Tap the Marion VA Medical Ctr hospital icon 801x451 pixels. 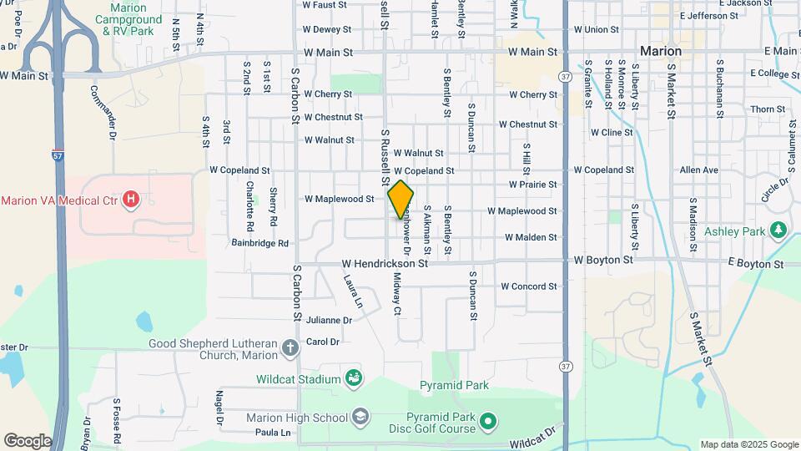pyautogui.click(x=130, y=200)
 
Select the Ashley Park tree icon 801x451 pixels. pyautogui.click(x=778, y=230)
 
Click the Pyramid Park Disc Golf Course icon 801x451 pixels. pyautogui.click(x=490, y=423)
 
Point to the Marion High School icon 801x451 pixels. pyautogui.click(x=360, y=417)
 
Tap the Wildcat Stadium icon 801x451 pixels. pyautogui.click(x=354, y=379)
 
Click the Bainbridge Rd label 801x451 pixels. pyautogui.click(x=260, y=243)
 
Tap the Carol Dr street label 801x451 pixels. pyautogui.click(x=323, y=342)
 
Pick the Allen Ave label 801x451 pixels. pyautogui.click(x=698, y=170)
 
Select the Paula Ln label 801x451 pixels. pyautogui.click(x=273, y=433)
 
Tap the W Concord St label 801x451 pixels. pyautogui.click(x=528, y=286)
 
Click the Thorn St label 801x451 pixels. pyautogui.click(x=763, y=109)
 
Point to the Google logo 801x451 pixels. pyautogui.click(x=28, y=441)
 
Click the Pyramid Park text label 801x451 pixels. pyautogui.click(x=454, y=386)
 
